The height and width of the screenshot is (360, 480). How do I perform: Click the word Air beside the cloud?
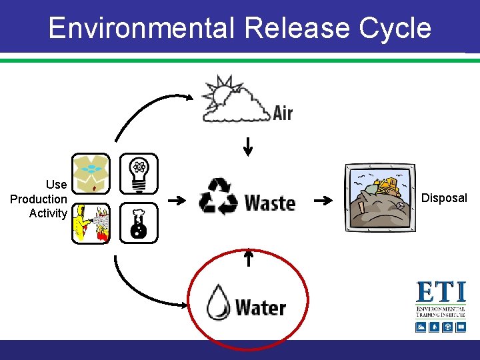coord(283,113)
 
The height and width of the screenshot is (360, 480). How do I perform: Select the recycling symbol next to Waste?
coord(218,196)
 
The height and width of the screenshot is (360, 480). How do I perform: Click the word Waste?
coord(269,201)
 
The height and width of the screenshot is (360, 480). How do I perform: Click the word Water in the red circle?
coord(260,307)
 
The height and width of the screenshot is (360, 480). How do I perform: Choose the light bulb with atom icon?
coord(139,173)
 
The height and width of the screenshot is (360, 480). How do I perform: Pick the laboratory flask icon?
coord(139,223)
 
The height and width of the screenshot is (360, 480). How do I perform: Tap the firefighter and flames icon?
coord(91,223)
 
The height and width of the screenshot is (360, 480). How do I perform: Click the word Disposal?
coord(444,198)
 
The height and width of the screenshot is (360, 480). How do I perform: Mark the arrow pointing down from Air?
coord(248,146)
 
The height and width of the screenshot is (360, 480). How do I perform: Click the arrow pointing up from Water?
coord(248,257)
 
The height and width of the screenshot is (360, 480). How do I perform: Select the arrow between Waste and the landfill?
coord(323,200)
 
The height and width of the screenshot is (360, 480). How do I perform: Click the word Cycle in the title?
coord(395,28)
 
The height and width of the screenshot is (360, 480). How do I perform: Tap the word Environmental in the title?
coord(141,28)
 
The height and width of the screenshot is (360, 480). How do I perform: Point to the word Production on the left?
coord(39,199)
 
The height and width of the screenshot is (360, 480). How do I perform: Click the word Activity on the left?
coord(48,213)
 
